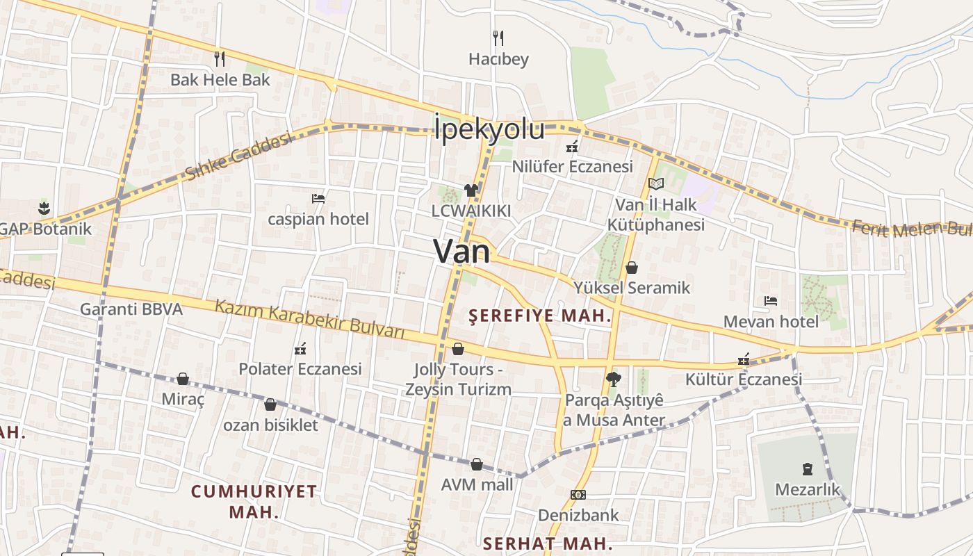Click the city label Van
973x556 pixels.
coord(461,251)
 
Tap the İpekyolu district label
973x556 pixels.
coord(489,129)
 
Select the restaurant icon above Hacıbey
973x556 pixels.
coord(498,38)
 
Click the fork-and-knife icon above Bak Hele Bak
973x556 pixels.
coord(220,58)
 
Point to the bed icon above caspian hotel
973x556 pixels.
coord(318,199)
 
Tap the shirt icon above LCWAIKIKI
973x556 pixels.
coord(471,190)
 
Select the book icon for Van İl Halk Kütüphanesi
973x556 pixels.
coord(655,184)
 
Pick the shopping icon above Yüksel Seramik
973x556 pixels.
coord(632,267)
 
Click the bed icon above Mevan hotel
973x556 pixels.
coord(770,301)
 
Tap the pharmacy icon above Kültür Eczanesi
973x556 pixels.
coord(744,359)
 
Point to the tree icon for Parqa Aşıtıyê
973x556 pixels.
coord(613,379)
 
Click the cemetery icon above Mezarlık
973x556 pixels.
coord(807,468)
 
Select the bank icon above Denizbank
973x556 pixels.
coord(578,495)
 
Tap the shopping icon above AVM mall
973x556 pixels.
coord(477,464)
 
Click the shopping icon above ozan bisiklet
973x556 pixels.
coord(270,404)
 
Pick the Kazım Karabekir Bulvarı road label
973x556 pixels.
coord(309,319)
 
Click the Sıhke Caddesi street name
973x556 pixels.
coord(238,156)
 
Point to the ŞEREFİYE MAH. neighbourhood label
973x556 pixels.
coord(540,316)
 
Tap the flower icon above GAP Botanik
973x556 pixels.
coord(44,207)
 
